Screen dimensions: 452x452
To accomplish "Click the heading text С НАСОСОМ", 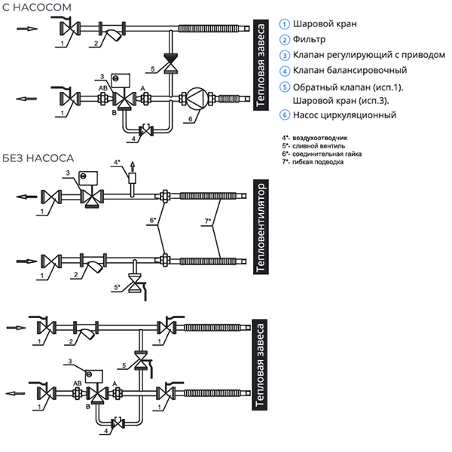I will coord(37,8).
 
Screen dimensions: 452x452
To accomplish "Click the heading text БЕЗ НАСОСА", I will coord(38,158).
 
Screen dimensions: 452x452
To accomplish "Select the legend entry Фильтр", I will coord(310,39).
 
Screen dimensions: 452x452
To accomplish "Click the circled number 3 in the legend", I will coord(285,55).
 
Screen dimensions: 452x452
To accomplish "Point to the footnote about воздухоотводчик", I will coord(321,139).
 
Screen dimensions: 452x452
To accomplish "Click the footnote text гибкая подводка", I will coord(316,162).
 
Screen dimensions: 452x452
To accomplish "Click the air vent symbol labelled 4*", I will coord(133,178).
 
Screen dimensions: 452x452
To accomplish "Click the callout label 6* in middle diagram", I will coord(153,221).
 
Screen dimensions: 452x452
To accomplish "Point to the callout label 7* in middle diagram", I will coord(209,221).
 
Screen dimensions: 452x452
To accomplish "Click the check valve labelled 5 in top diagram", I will coord(170,60).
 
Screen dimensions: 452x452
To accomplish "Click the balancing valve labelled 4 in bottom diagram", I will coord(117,423).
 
